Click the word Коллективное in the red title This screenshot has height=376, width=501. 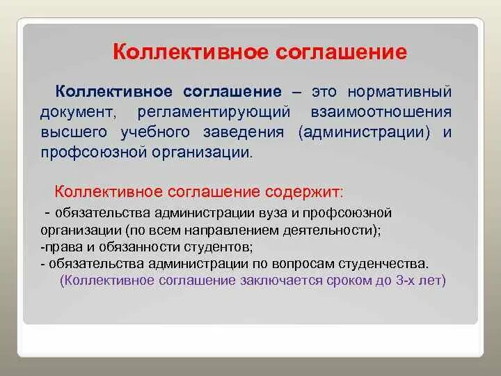tap(190, 52)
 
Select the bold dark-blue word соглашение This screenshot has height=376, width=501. tap(232, 92)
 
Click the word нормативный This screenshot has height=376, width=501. tap(399, 92)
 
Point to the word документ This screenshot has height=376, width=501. tap(78, 113)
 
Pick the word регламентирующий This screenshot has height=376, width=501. tap(214, 113)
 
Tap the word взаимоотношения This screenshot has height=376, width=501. tap(381, 112)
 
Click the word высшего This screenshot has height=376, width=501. tap(74, 133)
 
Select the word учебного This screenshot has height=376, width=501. tap(155, 133)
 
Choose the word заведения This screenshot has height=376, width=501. tap(244, 133)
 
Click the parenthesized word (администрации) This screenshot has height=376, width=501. tap(364, 133)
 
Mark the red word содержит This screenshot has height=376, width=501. tap(305, 192)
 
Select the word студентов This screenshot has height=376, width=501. tap(218, 246)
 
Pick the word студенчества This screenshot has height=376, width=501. tap(383, 264)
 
